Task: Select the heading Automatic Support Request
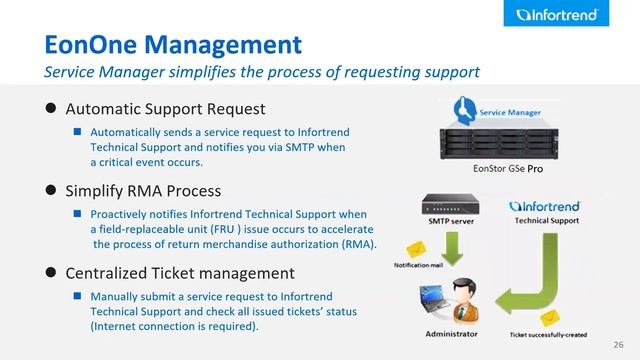click(x=165, y=108)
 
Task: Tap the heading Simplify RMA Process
click(x=142, y=190)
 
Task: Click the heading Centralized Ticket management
click(x=180, y=273)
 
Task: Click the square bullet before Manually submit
click(x=77, y=297)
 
